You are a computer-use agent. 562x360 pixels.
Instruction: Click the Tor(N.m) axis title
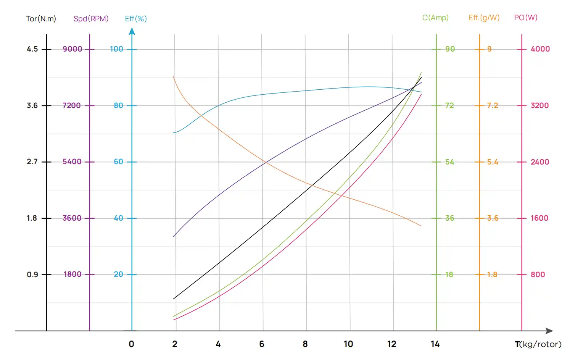point(41,19)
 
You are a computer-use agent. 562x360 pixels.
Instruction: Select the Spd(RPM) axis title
point(91,19)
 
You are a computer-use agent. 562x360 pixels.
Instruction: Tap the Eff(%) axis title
point(135,19)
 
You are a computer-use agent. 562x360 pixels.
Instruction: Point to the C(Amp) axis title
point(435,18)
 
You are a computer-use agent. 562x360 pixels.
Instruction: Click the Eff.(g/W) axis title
point(484,18)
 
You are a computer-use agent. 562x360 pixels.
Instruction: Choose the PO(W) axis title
point(525,18)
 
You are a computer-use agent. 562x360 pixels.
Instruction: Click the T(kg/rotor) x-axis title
point(538,344)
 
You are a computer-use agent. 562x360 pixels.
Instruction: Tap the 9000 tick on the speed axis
point(72,49)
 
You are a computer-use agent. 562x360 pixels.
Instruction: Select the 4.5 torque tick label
point(32,49)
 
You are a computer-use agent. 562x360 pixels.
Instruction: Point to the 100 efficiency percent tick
point(116,49)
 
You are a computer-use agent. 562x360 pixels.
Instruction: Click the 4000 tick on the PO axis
point(540,49)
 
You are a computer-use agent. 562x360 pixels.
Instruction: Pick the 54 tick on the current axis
point(449,162)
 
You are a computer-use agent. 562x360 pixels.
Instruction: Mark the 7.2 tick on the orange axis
point(492,105)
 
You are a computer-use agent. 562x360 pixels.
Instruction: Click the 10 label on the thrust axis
point(348,344)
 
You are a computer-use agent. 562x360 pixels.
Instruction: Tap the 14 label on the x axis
point(435,344)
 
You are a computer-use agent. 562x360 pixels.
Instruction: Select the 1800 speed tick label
point(72,274)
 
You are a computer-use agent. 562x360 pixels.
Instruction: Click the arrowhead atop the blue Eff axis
point(132,31)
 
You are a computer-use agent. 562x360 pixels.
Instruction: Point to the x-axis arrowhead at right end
point(549,331)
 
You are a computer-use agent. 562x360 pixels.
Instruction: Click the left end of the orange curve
point(173,76)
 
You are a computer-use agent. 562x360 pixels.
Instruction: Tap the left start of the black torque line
point(173,299)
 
